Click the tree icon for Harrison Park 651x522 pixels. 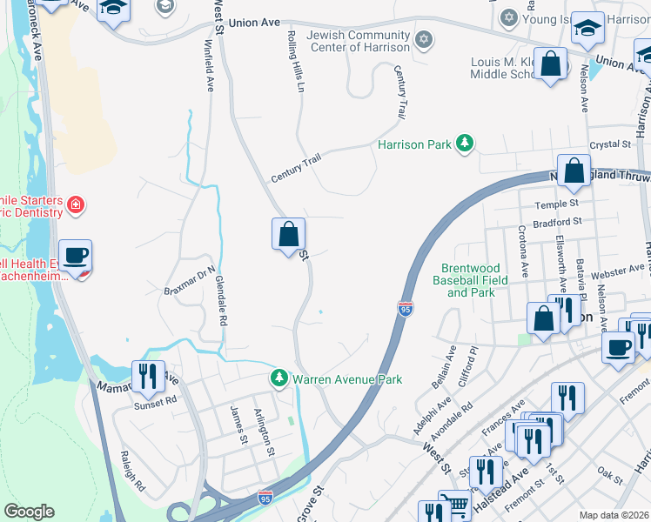point(465,144)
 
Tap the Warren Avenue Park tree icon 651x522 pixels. point(279,378)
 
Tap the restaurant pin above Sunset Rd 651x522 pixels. point(148,377)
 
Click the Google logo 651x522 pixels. point(29,512)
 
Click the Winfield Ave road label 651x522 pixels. point(209,66)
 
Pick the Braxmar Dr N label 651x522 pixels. point(190,280)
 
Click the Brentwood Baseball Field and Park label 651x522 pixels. point(469,281)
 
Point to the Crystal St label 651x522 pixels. point(609,144)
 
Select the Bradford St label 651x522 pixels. point(557,222)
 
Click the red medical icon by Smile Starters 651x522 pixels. point(77,205)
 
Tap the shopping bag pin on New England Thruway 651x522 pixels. point(574,171)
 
